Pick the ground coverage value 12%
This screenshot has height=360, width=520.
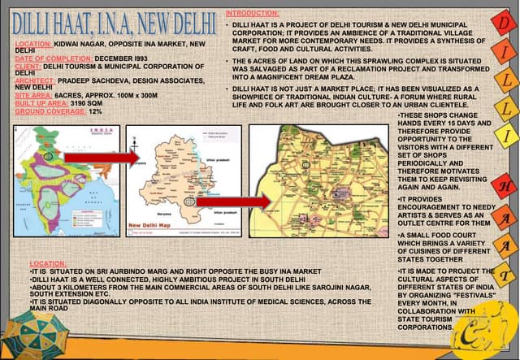coord(96,111)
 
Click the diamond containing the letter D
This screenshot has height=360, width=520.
coord(504,25)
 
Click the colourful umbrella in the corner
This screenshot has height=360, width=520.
coord(37,333)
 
